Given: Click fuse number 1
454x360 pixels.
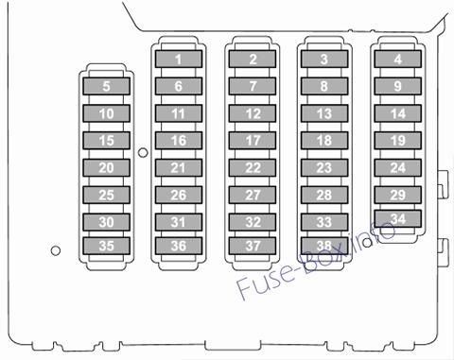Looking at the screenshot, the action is pos(179,59).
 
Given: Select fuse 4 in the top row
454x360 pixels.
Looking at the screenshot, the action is pos(398,59).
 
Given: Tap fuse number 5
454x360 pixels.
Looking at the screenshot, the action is pos(107,86).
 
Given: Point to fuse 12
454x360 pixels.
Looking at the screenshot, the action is pos(253,113).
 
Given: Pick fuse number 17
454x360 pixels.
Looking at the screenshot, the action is pos(253,141).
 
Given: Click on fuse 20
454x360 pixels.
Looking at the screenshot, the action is pos(107,168).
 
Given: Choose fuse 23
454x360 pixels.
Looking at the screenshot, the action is pos(324,168).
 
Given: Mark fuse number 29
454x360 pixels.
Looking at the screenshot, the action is pos(398,195).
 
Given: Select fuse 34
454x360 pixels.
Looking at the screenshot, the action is pos(398,218).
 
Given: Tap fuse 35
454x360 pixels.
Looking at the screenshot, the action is pos(107,246).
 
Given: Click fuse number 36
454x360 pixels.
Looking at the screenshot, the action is pos(179,246).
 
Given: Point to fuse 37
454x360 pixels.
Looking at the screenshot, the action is pos(253,246).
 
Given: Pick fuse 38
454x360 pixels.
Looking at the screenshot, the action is pos(324,246).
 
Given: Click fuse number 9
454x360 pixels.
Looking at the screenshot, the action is pos(398,86).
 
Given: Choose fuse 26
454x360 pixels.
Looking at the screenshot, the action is pos(179,195).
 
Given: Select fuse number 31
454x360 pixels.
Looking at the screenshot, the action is pos(179,222).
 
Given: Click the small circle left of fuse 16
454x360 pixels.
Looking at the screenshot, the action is pos(143,153).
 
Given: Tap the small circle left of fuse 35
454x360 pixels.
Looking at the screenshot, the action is pos(56,250).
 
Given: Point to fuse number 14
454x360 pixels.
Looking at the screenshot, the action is pos(398,113).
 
